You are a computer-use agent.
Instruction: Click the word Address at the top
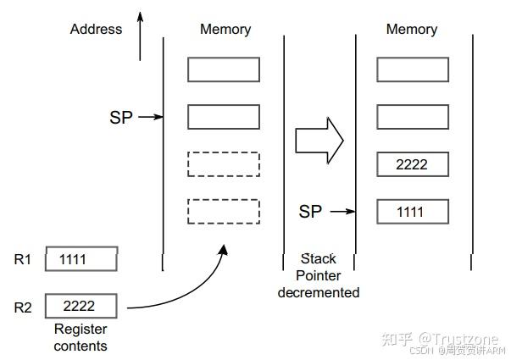pos(96,29)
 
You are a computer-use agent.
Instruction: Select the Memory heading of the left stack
pos(225,29)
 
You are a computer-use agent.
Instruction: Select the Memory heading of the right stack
pos(412,29)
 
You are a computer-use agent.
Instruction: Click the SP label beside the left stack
pos(121,118)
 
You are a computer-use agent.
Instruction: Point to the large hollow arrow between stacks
pos(319,139)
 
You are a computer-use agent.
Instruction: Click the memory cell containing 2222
pos(411,164)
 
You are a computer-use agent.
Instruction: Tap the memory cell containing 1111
pos(411,212)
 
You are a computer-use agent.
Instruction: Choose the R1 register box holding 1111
pos(81,259)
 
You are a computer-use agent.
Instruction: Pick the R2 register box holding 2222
pos(81,305)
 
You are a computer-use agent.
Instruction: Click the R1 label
pos(23,259)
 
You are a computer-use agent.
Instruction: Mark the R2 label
pos(23,307)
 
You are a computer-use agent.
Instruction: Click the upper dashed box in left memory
pos(223,163)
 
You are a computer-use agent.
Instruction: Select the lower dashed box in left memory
pos(223,210)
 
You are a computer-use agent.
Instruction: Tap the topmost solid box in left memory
pos(223,69)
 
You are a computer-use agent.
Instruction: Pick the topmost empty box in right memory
pos(411,69)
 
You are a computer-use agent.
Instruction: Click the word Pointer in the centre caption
pos(319,275)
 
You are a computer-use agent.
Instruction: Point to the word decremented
pos(319,292)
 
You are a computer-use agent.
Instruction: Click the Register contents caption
pos(81,336)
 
